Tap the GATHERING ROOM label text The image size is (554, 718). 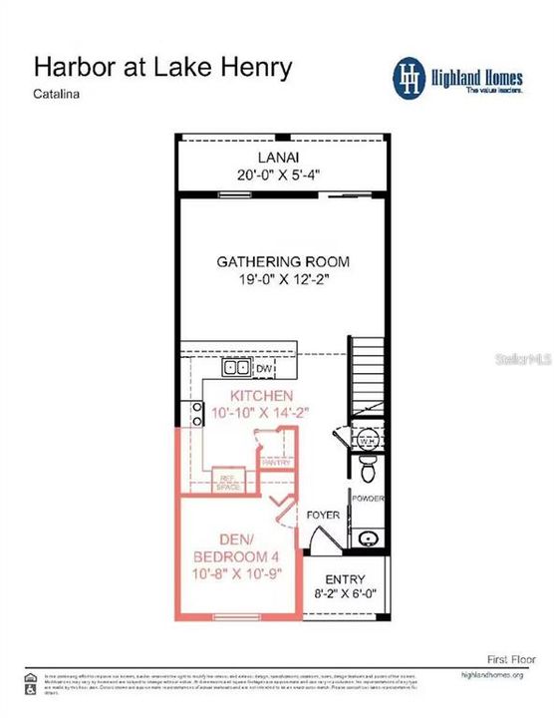point(283,262)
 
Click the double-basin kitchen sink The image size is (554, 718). point(236,368)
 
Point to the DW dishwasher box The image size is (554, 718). point(264,369)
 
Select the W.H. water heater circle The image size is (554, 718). point(366,440)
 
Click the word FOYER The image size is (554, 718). point(323,515)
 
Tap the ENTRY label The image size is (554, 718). point(345,579)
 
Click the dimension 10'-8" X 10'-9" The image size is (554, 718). point(233,574)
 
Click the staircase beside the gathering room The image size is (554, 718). point(367,379)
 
